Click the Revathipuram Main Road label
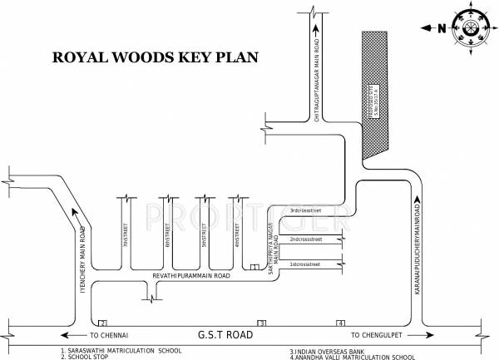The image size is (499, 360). coord(190,274)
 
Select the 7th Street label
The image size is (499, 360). coord(126,237)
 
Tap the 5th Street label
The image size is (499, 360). coord(204,237)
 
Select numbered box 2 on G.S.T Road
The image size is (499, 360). coord(102,323)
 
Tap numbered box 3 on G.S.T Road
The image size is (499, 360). coord(261,323)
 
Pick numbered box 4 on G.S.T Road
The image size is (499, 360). coord(339,323)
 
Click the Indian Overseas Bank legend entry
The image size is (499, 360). coord(328,352)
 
